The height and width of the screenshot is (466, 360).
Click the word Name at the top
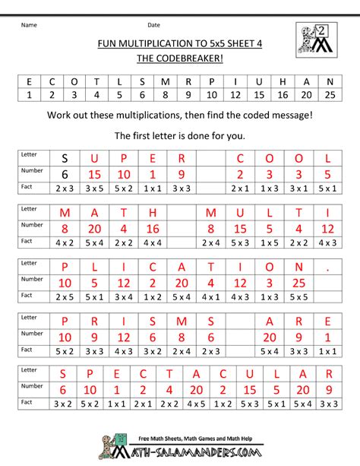(30, 24)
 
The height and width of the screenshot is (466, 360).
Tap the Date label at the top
(153, 24)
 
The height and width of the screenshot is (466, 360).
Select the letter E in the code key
(30, 81)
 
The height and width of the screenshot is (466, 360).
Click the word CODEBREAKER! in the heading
(190, 58)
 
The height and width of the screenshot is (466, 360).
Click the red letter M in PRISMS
(181, 321)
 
